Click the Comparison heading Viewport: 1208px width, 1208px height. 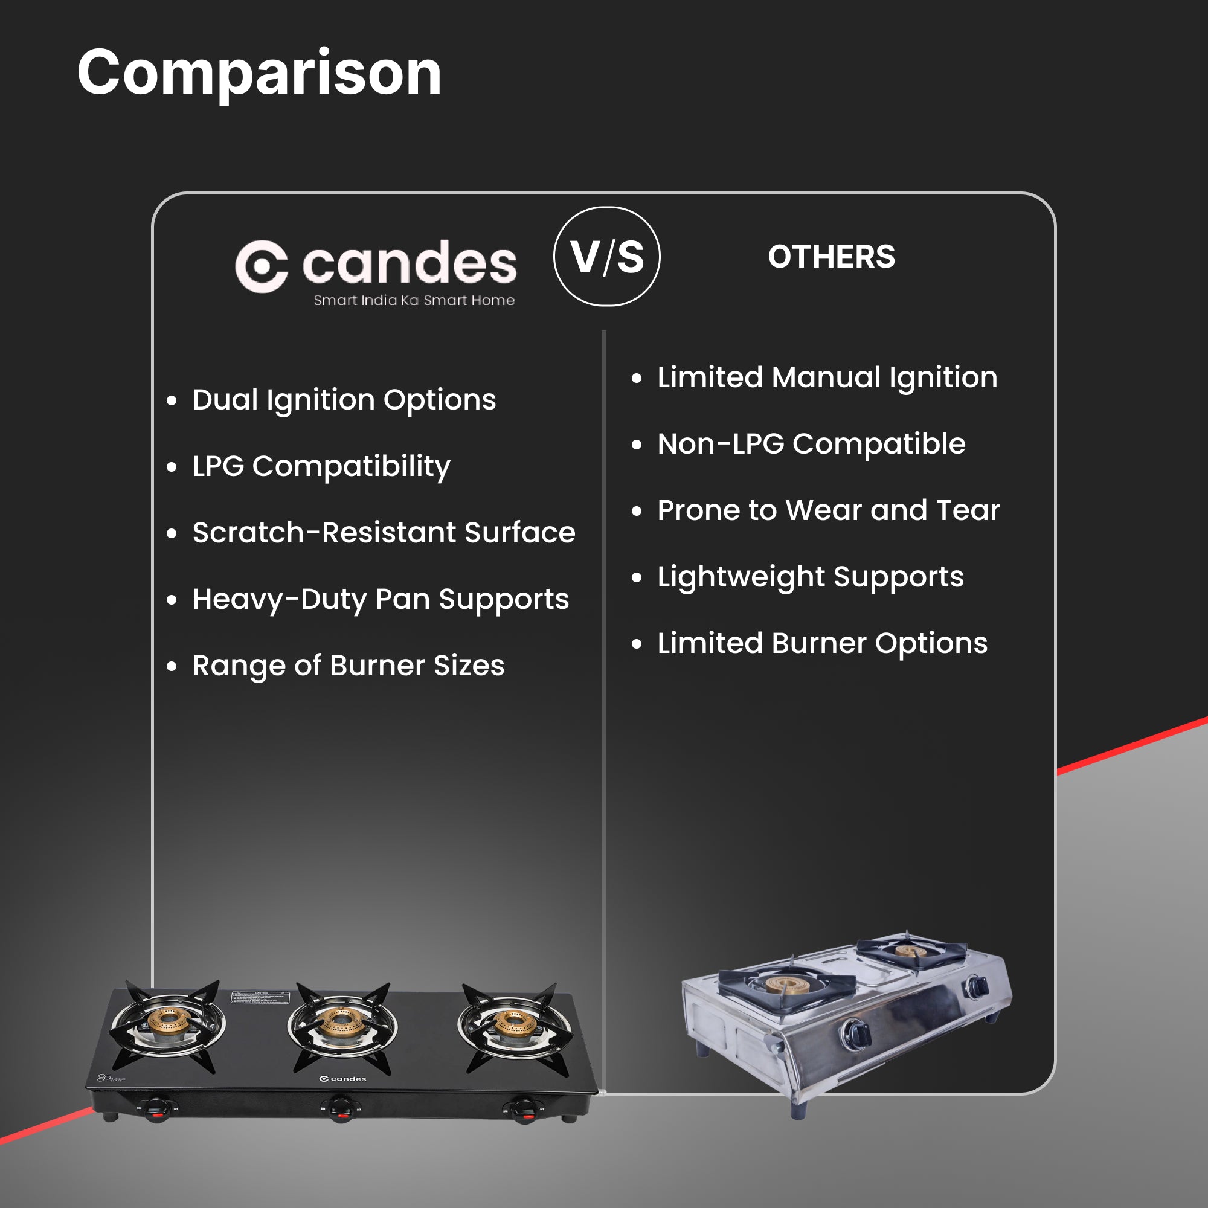(x=259, y=73)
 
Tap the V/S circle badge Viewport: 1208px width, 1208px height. (x=606, y=256)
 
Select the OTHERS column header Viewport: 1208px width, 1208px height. (x=831, y=257)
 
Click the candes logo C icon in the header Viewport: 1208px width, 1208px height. (x=262, y=266)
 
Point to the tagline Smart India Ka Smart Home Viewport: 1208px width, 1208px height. (x=414, y=300)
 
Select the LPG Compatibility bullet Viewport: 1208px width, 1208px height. (x=321, y=466)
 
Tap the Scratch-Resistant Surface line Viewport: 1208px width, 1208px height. (x=384, y=533)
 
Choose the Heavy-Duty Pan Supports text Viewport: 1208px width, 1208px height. (x=380, y=599)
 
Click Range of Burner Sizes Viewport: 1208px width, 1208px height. (x=348, y=665)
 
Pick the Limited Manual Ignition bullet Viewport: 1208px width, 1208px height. (x=827, y=377)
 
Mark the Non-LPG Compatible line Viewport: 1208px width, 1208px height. (x=811, y=444)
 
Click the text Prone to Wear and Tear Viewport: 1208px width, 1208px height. (x=828, y=510)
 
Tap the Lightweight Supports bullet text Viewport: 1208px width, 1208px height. (x=810, y=576)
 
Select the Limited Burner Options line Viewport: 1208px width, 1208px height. (x=821, y=643)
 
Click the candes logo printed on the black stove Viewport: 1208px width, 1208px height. (x=342, y=1079)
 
